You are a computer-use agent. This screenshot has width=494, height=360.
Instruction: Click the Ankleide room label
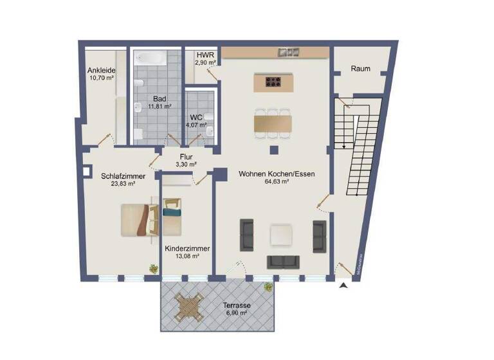pyautogui.click(x=100, y=70)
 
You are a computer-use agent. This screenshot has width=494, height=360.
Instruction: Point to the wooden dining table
pyautogui.click(x=273, y=122)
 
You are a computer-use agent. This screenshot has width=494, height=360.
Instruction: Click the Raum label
pyautogui.click(x=360, y=68)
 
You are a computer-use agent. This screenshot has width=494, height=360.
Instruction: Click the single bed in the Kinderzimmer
pyautogui.click(x=173, y=219)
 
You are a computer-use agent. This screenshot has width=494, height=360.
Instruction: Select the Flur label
pyautogui.click(x=187, y=156)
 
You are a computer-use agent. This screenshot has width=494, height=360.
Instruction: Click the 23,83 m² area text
pyautogui.click(x=122, y=183)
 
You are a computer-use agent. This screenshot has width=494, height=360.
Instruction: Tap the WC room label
pyautogui.click(x=196, y=118)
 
